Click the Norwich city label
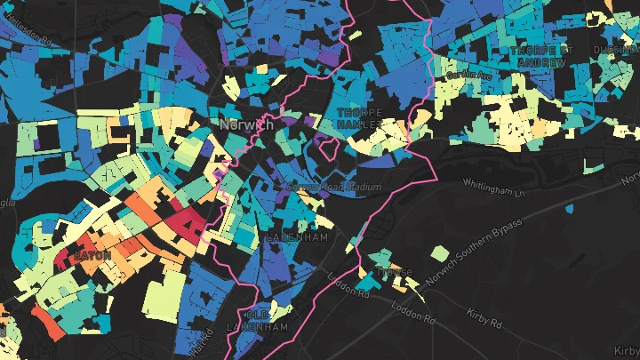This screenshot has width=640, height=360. point(245,125)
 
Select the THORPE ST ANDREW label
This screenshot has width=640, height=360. point(539,57)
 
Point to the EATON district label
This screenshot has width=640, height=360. point(92,255)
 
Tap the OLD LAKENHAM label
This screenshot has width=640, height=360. point(268,321)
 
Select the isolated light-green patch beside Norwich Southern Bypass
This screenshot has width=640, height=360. point(440,253)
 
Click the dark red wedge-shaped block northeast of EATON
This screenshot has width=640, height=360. point(186,221)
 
